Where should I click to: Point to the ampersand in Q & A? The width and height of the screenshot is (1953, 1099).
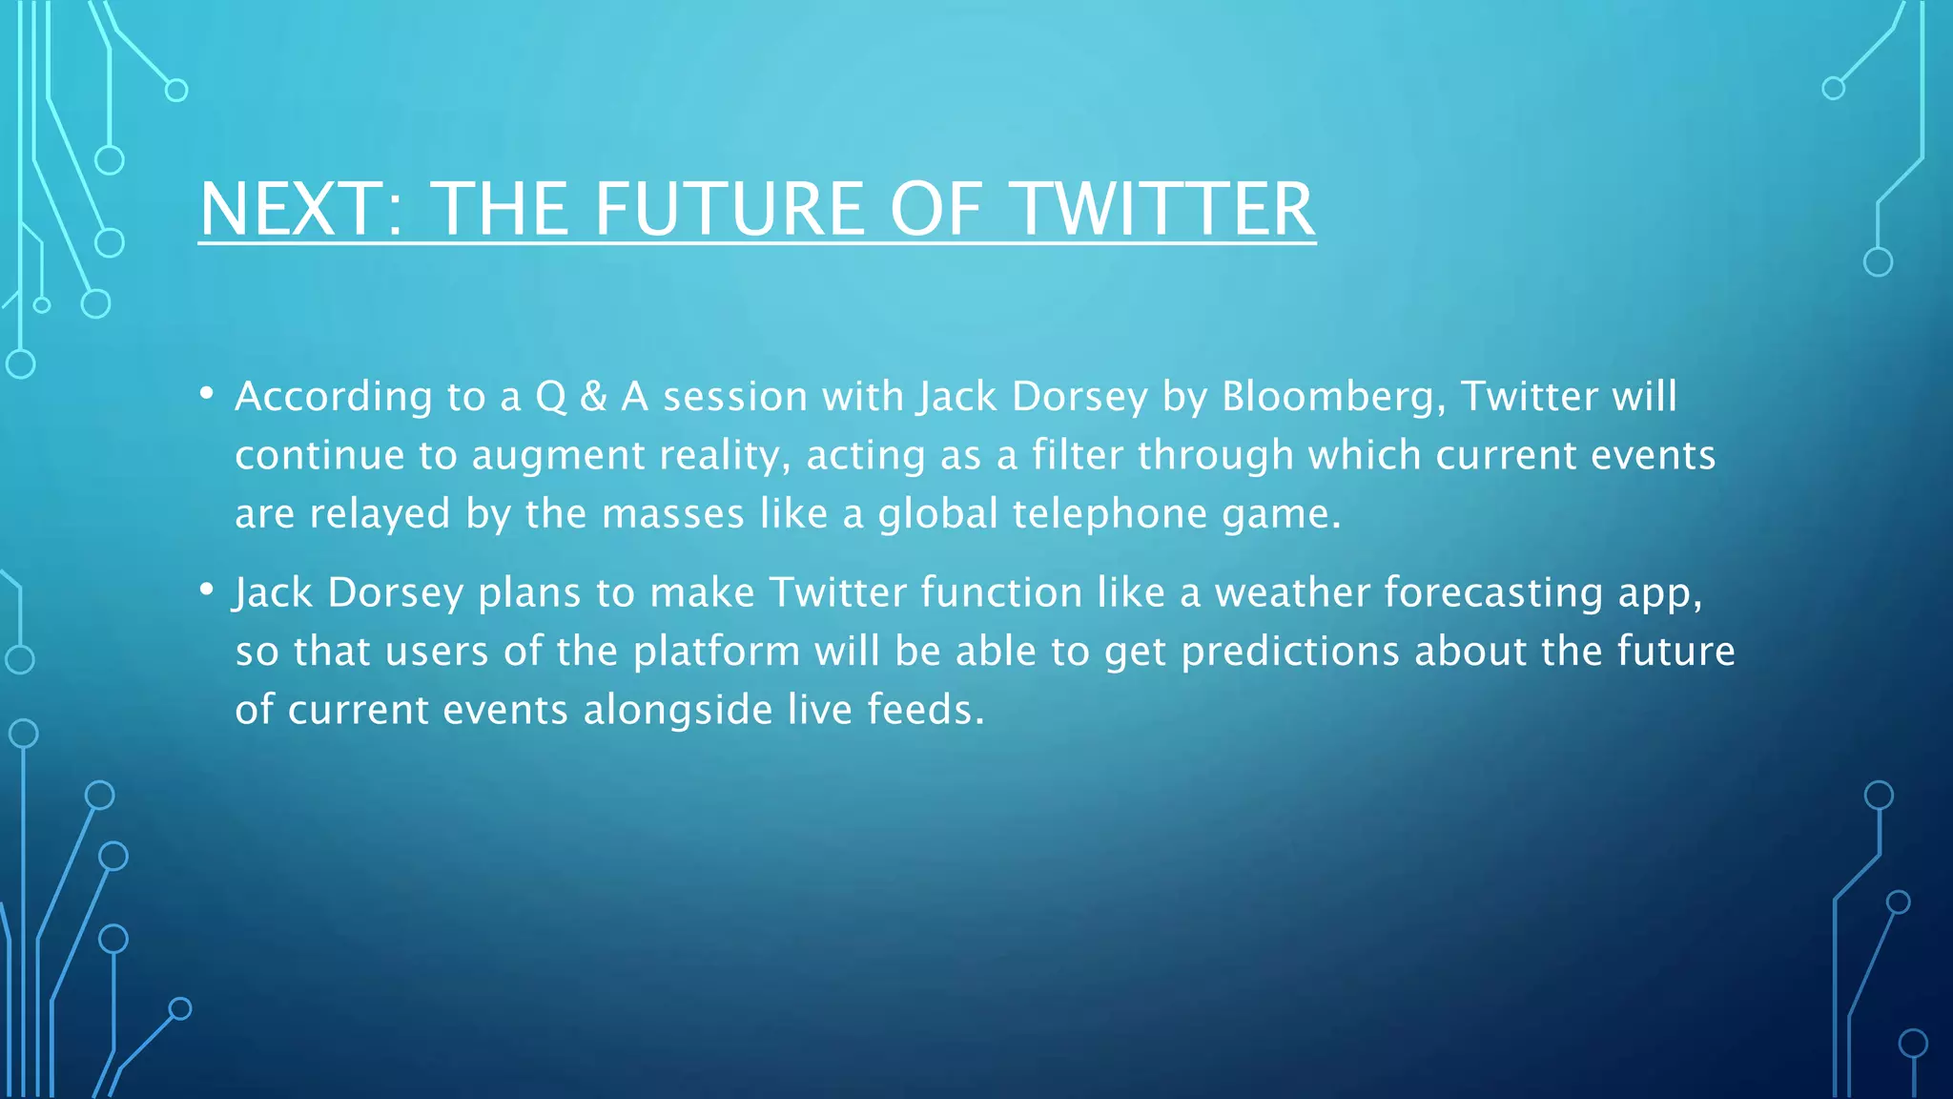point(593,397)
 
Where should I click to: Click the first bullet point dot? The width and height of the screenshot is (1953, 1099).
point(207,394)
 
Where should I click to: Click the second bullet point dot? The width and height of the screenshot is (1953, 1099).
point(207,591)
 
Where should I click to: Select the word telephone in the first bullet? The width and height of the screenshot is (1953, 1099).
point(1110,515)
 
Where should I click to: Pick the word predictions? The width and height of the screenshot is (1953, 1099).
point(1291,653)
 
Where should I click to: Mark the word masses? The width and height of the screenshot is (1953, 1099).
point(672,515)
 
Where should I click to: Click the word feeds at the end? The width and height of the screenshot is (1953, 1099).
point(924,711)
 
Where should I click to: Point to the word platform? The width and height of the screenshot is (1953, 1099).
point(716,653)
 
